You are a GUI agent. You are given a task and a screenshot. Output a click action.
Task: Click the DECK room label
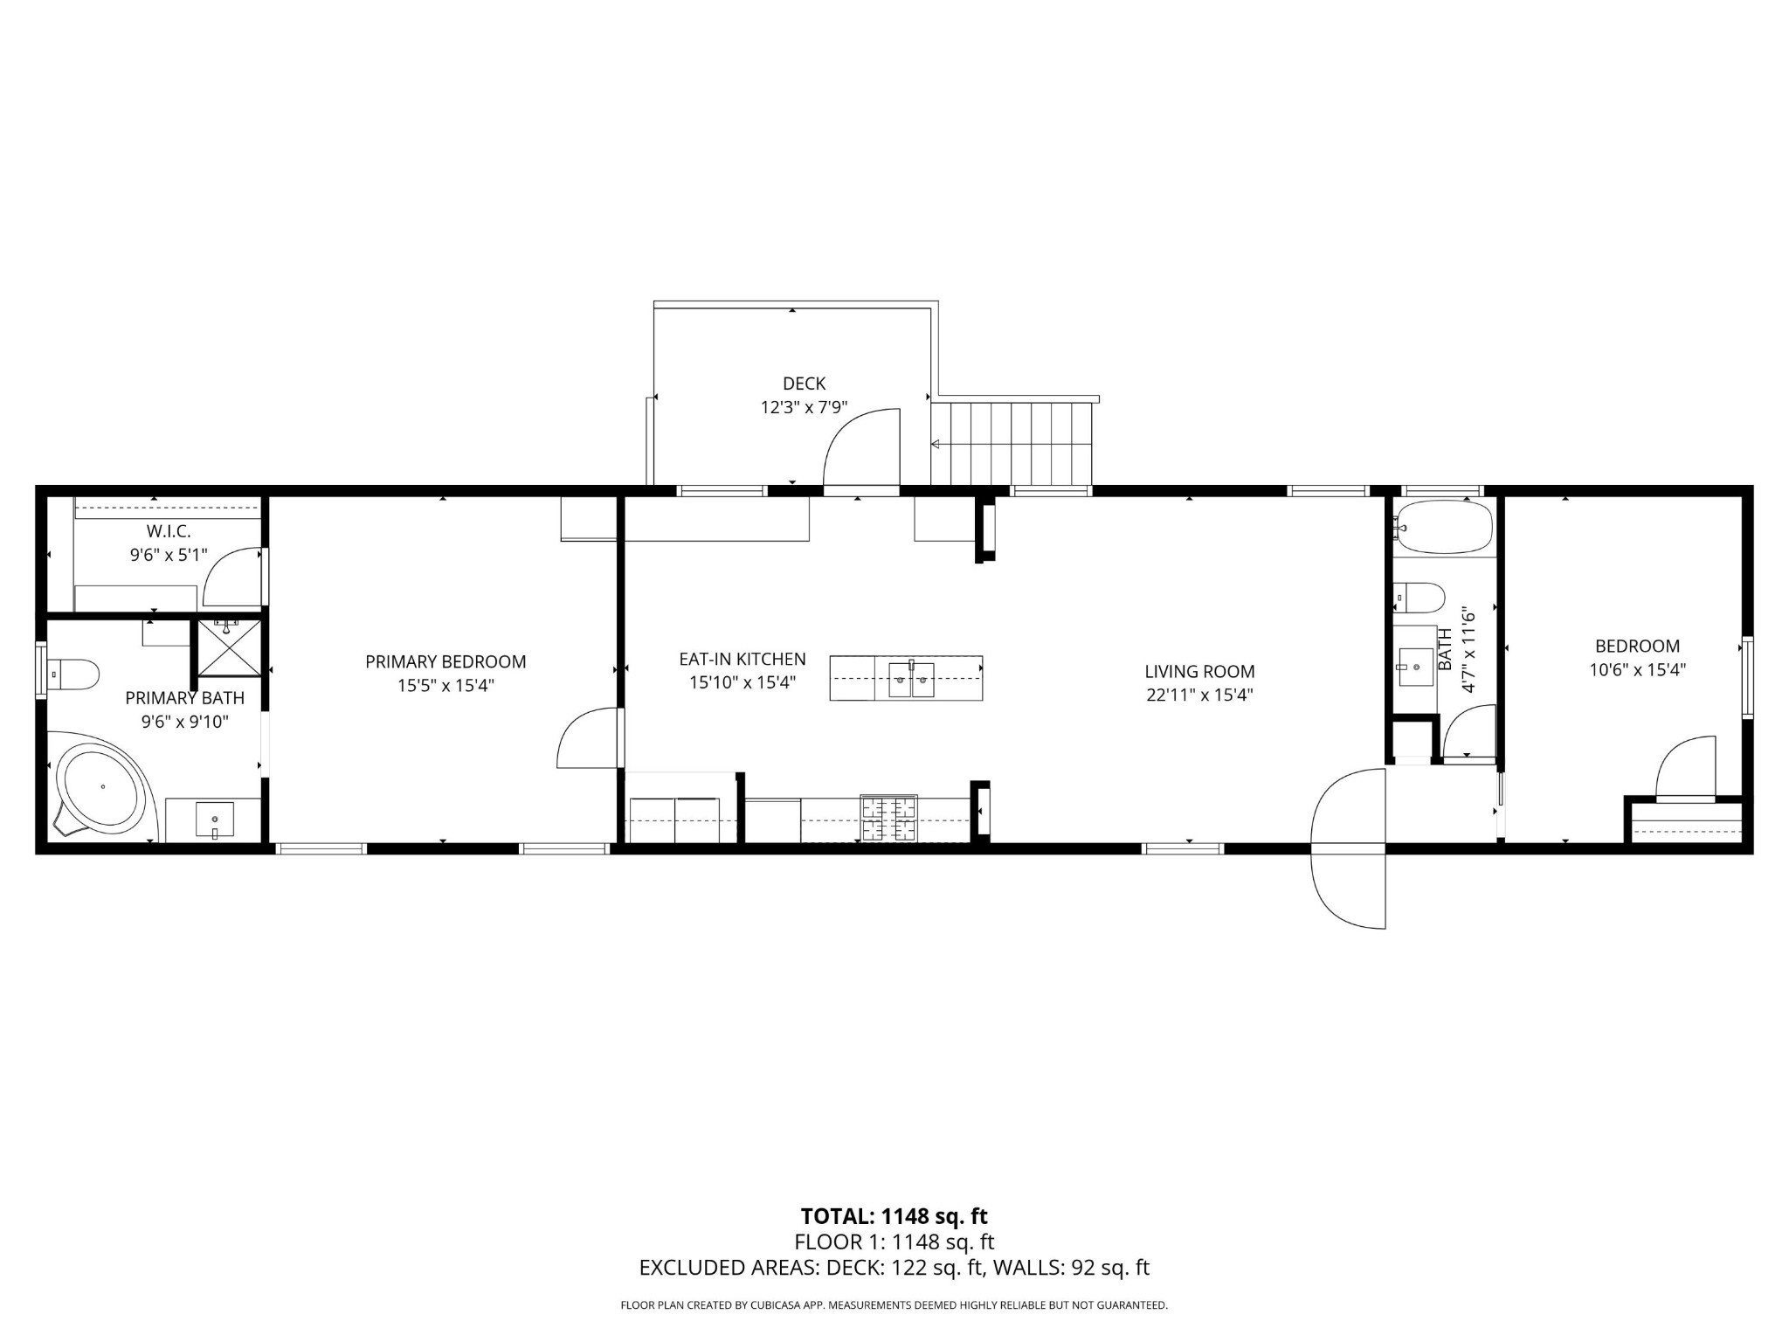(x=804, y=384)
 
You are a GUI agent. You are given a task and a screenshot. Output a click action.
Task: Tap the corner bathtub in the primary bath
(x=100, y=786)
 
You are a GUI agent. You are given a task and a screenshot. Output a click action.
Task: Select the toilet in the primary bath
(x=73, y=674)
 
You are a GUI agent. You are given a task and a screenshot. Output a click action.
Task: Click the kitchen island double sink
(x=911, y=680)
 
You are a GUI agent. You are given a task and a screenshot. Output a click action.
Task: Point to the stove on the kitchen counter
(x=889, y=818)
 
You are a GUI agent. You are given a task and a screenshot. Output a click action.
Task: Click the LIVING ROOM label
(x=1199, y=672)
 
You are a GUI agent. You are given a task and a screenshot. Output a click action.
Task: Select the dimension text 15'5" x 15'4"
(x=446, y=686)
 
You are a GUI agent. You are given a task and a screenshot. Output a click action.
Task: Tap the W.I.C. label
(x=169, y=531)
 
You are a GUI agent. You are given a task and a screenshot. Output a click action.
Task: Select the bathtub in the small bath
(x=1442, y=527)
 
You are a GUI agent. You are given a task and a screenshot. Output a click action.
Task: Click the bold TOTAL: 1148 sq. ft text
(x=894, y=1216)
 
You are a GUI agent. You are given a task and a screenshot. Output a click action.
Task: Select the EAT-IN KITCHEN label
(x=743, y=660)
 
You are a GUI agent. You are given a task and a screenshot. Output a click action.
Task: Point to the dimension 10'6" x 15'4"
(x=1637, y=670)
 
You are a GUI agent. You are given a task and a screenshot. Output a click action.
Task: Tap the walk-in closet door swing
(x=231, y=578)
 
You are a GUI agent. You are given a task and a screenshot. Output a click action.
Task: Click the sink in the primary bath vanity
(x=214, y=820)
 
